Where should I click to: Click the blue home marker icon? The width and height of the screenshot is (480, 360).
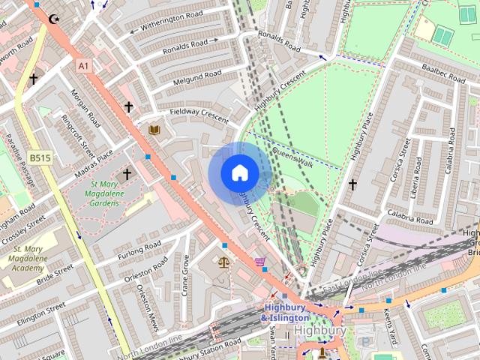[x=239, y=173]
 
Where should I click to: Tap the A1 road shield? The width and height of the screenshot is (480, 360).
[x=83, y=66]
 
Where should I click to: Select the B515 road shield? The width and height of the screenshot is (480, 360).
[x=40, y=158]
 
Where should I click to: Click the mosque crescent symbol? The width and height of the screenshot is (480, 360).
[x=53, y=19]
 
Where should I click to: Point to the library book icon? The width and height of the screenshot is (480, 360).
[x=154, y=130]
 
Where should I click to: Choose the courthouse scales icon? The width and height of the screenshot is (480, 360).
[x=223, y=262]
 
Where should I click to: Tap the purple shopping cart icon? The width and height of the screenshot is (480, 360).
[x=259, y=262]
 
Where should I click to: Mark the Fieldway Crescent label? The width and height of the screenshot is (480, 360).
[x=198, y=112]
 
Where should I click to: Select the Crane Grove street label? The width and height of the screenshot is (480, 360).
[x=184, y=275]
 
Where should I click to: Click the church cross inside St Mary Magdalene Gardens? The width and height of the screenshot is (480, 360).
[x=127, y=174]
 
